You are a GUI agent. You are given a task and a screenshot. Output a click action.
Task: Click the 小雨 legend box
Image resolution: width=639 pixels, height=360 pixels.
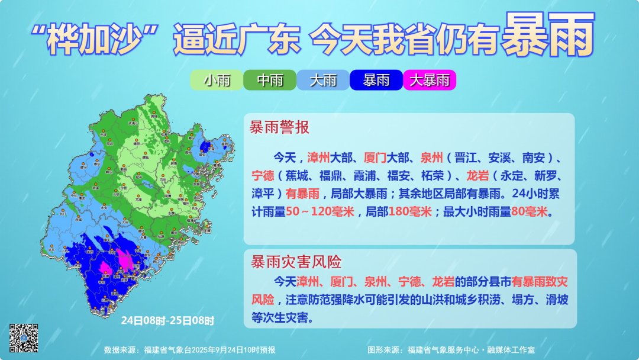217,81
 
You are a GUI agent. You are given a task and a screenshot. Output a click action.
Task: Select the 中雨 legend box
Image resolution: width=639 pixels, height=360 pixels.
270,81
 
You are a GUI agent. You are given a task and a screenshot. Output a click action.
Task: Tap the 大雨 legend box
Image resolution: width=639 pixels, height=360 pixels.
323,81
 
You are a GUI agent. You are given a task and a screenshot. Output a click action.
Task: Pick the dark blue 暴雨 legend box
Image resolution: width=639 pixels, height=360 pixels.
376,81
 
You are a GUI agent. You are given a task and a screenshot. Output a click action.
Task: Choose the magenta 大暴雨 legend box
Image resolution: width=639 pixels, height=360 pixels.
430,81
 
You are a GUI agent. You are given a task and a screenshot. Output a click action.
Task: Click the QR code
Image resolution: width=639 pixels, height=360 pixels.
24,339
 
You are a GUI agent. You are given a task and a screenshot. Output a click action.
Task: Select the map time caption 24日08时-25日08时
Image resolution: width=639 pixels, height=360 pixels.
167,320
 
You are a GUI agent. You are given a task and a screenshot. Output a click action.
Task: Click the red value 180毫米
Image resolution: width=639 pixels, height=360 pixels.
410,211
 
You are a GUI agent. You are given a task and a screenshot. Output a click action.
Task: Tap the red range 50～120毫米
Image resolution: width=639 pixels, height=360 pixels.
319,211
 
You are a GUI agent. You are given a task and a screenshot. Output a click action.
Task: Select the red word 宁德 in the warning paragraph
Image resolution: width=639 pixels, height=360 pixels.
264,176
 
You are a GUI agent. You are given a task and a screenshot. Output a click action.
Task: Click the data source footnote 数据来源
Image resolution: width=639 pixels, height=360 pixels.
189,350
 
